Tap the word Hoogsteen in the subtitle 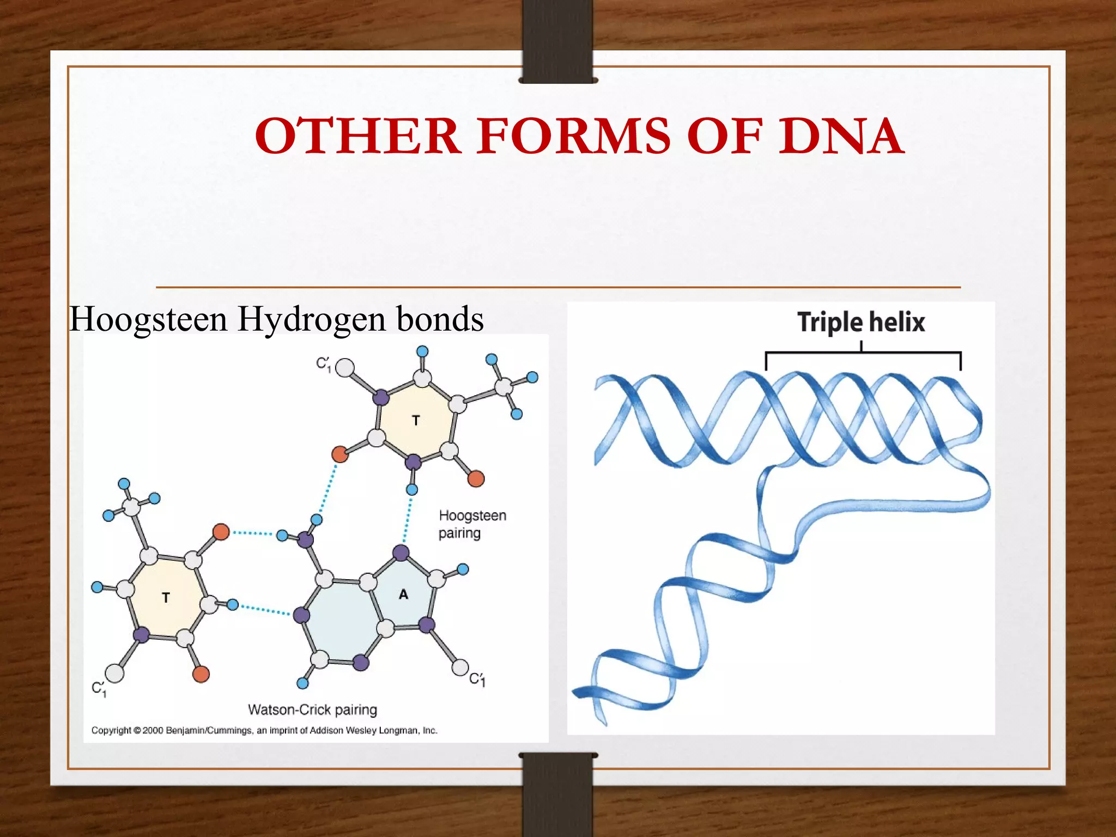click(148, 319)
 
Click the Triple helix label click(861, 322)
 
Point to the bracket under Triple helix click(863, 354)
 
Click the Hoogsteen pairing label click(472, 524)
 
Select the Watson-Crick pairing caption click(312, 709)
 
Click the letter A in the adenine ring click(403, 595)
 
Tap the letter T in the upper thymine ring click(416, 421)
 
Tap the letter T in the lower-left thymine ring click(166, 598)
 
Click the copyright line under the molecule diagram click(264, 730)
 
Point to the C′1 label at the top click(324, 364)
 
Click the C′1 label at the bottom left click(99, 689)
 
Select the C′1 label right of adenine click(477, 679)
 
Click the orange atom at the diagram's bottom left click(201, 674)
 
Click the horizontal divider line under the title click(558, 287)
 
